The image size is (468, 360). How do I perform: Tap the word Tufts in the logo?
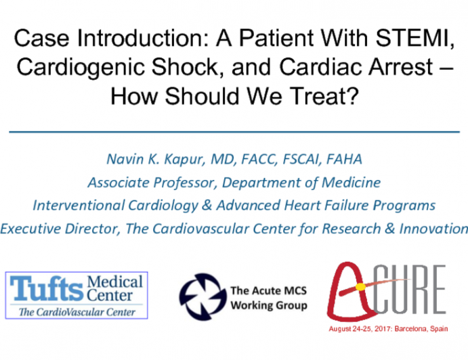[x=47, y=289]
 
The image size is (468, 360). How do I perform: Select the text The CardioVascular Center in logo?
[x=76, y=311]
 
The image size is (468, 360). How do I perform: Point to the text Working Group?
[x=268, y=305]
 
